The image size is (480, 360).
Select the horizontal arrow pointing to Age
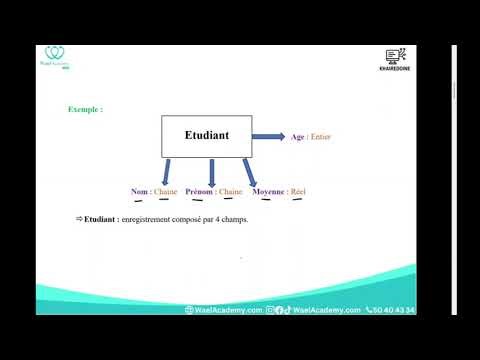[x=268, y=136]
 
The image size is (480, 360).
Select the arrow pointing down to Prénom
[x=211, y=170]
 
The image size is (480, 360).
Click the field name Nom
[x=139, y=191]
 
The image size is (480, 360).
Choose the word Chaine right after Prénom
[x=231, y=191]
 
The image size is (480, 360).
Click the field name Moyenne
[x=268, y=191]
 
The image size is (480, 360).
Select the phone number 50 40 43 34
[x=394, y=310]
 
